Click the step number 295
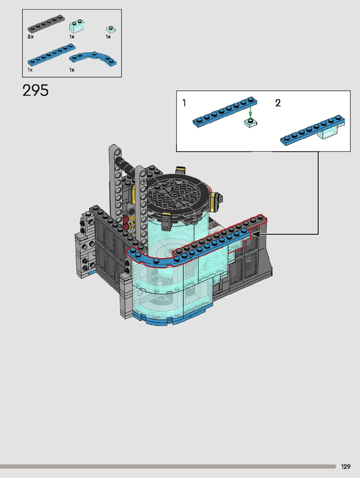[35, 91]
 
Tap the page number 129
[346, 467]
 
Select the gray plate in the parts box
[46, 24]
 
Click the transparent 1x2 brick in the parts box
[77, 26]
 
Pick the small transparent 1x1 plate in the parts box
[111, 29]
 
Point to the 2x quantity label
[31, 36]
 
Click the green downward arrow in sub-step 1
[250, 112]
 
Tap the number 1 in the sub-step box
[184, 103]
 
